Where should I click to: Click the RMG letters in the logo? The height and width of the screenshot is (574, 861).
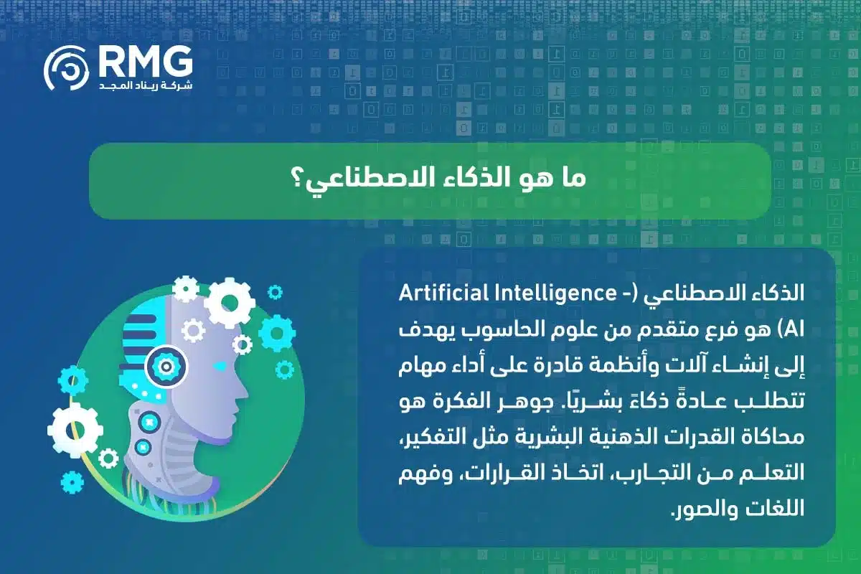coord(146,62)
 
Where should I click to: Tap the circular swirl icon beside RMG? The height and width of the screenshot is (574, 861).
coord(67,68)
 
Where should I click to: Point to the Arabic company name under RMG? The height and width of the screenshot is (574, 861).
coord(146,85)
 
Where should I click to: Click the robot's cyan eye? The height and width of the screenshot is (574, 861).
coord(220,366)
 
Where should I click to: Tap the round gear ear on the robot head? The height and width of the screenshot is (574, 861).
coord(166,366)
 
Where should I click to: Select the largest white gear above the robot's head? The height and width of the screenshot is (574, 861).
coord(230,304)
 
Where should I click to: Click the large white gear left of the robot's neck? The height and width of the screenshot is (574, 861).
coord(75,430)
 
